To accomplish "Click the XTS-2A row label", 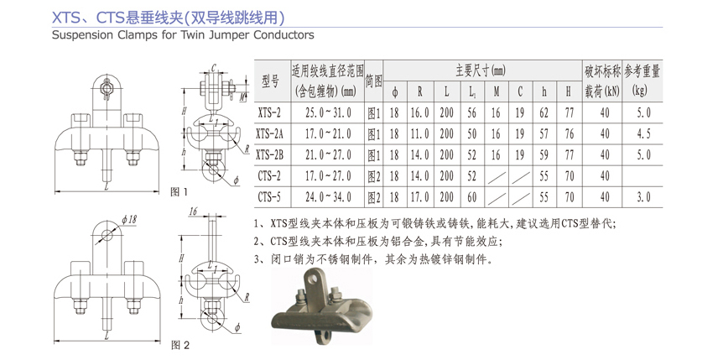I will [x=269, y=133].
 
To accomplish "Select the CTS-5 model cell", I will [x=269, y=198].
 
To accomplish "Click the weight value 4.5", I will [x=642, y=133].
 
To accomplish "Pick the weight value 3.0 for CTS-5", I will [x=642, y=198].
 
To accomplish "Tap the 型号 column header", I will [x=269, y=81].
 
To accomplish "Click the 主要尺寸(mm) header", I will [x=481, y=70].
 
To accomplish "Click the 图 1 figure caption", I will [x=179, y=192].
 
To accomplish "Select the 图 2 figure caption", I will [x=180, y=345].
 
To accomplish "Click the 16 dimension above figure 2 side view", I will [x=194, y=213].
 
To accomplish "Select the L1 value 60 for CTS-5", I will [x=473, y=198].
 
